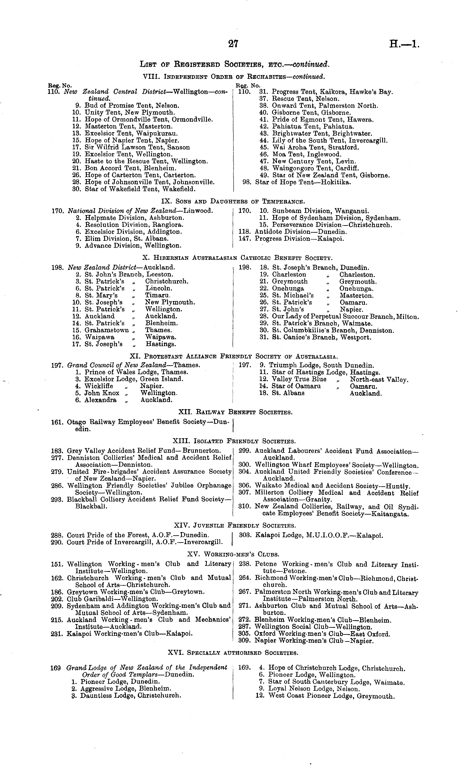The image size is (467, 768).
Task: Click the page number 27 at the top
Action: click(233, 44)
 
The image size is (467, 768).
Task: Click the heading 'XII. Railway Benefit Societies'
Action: click(235, 412)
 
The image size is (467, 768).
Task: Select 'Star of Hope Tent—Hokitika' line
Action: click(303, 182)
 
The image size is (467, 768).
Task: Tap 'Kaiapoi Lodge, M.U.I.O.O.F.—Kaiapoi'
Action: click(319, 536)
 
